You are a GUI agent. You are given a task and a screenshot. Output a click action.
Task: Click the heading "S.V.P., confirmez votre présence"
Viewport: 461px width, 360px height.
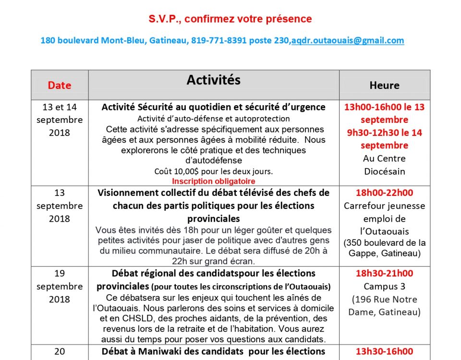(x=230, y=19)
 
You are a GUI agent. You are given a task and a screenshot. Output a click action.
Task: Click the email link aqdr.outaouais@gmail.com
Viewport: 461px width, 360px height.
(x=347, y=41)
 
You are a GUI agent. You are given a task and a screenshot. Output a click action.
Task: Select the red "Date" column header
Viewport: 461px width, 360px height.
(x=60, y=85)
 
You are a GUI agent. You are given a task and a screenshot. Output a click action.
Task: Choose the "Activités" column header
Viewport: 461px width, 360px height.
(x=214, y=80)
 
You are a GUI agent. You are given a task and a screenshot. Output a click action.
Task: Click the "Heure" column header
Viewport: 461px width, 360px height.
(x=384, y=85)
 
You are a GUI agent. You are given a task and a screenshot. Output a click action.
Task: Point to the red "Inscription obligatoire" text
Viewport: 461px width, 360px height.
(x=214, y=181)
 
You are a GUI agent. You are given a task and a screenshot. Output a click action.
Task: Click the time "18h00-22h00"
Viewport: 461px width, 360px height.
(x=384, y=193)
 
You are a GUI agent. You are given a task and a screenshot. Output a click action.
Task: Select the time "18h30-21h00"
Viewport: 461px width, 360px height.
(x=384, y=274)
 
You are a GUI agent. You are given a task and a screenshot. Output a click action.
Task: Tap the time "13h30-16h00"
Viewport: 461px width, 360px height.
(x=384, y=352)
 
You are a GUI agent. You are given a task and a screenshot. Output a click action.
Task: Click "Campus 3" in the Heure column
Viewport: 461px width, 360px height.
(x=384, y=287)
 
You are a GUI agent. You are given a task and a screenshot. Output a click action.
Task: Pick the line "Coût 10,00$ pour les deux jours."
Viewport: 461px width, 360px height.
(x=214, y=171)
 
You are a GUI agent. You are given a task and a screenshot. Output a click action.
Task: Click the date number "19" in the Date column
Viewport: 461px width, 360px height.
(x=60, y=274)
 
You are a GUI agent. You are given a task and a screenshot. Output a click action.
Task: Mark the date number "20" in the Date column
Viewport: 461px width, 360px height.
(x=60, y=352)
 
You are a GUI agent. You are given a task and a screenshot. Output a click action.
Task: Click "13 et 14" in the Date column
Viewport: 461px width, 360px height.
(x=60, y=107)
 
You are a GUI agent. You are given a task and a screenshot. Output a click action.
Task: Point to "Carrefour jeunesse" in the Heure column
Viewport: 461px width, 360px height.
(x=384, y=206)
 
